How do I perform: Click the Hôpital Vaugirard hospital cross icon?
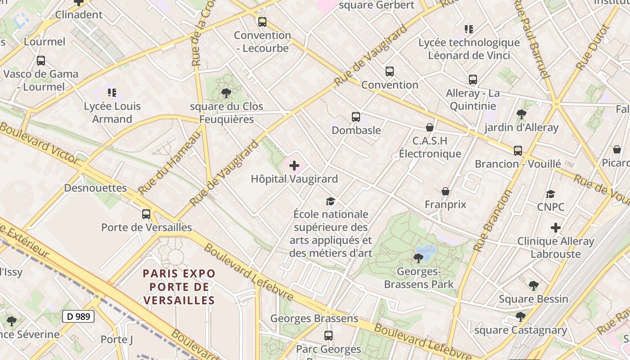(x=294, y=166)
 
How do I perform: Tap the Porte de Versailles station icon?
(x=146, y=214)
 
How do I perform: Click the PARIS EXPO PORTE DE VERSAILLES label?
(x=179, y=287)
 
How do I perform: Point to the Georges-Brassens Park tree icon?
(x=418, y=258)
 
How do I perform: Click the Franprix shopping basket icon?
(x=445, y=192)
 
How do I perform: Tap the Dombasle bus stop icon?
(x=356, y=117)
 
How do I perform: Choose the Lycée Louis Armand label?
(x=112, y=112)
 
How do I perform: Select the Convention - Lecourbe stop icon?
(x=262, y=22)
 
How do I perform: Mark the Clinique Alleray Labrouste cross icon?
(x=556, y=228)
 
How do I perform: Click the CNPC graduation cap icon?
(x=550, y=194)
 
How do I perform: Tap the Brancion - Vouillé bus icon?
(x=518, y=150)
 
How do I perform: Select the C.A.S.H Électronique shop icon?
(x=430, y=127)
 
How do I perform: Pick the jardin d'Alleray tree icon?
(x=522, y=114)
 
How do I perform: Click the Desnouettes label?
(x=95, y=188)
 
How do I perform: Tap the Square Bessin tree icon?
(x=533, y=285)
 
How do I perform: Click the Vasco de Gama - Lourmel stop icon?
(x=41, y=61)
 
